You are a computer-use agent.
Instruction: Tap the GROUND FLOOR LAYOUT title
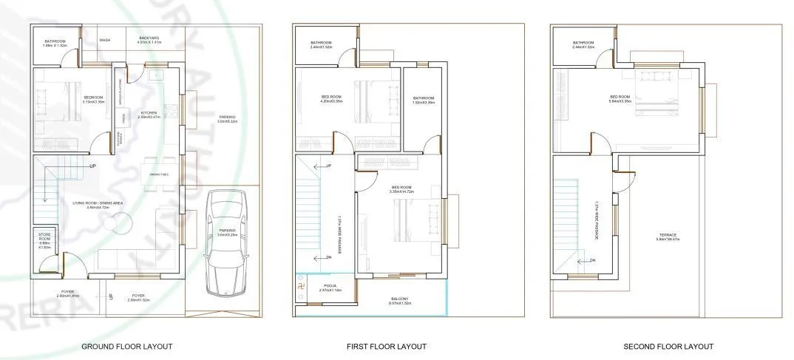pos(126,346)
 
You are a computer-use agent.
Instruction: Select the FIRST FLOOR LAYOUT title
pos(386,346)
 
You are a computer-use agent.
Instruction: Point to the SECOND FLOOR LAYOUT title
pos(668,346)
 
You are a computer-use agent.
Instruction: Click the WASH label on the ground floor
pos(105,41)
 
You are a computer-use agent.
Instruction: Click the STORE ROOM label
pos(44,239)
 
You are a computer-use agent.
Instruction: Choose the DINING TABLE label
pos(160,174)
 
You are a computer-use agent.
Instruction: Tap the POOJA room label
pos(330,285)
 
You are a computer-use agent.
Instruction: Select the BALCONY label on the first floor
pos(400,299)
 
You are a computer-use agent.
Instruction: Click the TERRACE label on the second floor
pos(668,236)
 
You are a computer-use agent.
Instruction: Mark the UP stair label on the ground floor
pos(92,166)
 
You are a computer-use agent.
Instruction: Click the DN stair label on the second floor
pos(592,260)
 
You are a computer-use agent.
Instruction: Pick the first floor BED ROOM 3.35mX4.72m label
pos(402,189)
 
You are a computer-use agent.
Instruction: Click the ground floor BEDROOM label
pos(93,98)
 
